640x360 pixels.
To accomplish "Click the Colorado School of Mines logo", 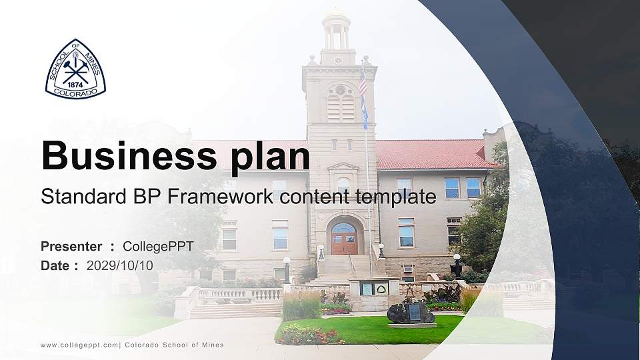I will pyautogui.click(x=75, y=69).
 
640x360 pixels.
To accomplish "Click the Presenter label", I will pyautogui.click(x=71, y=247).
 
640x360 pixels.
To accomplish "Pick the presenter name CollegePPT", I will pyautogui.click(x=158, y=247).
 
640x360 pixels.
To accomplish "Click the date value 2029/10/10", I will pyautogui.click(x=119, y=265).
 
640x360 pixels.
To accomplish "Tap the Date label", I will pyautogui.click(x=56, y=265).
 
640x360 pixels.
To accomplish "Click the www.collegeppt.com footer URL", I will pyautogui.click(x=79, y=345).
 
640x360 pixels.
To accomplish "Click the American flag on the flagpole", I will pyautogui.click(x=363, y=85).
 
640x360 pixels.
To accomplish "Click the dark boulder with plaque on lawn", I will pyautogui.click(x=411, y=313).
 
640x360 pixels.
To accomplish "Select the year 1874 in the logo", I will pyautogui.click(x=75, y=85).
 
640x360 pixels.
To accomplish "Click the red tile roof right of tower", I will pyautogui.click(x=433, y=155).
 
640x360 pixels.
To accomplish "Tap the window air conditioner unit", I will pyautogui.click(x=407, y=269).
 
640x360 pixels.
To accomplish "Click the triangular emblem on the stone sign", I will pyautogui.click(x=383, y=289).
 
